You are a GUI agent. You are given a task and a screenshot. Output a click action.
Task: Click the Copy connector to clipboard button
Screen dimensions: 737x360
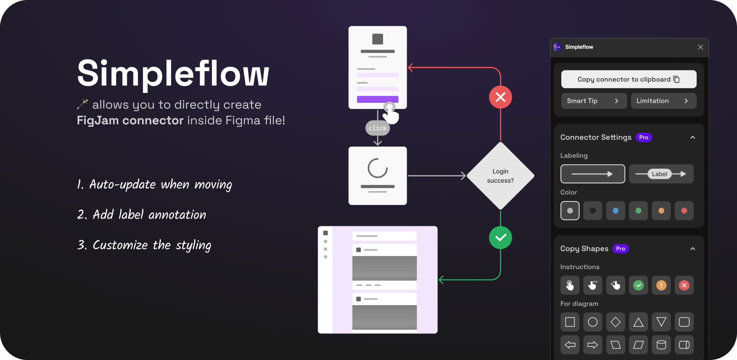pos(629,79)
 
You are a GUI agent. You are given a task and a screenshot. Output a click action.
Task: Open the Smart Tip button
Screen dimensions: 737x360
pos(594,101)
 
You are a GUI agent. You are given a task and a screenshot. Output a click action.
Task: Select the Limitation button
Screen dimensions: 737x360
pos(663,101)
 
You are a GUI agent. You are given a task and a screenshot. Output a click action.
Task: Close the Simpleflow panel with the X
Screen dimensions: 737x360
pos(700,47)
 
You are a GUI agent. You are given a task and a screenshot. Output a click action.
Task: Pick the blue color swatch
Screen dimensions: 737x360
pos(616,210)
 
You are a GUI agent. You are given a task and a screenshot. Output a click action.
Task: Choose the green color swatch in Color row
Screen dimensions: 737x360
pos(638,210)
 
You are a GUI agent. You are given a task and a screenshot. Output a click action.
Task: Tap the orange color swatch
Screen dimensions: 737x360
pos(661,210)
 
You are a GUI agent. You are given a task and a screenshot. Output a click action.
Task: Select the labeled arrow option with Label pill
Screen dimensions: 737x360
pos(661,174)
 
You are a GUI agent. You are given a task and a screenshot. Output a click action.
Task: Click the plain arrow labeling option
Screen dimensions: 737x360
pos(593,174)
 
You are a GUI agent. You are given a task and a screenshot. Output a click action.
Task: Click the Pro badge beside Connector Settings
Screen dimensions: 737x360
pos(644,137)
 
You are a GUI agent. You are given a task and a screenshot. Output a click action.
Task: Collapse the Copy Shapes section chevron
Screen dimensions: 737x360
pos(692,249)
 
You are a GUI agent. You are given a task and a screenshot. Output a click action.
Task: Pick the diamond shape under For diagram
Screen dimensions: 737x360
pos(616,322)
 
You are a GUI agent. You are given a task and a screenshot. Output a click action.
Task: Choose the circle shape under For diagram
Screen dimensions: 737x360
pos(593,322)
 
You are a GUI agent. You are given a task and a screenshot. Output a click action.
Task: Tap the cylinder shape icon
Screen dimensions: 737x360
pos(661,345)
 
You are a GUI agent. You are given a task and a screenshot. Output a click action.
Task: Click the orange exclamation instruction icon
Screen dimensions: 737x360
pos(661,285)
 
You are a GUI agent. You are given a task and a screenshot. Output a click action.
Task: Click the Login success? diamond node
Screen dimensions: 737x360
pos(500,176)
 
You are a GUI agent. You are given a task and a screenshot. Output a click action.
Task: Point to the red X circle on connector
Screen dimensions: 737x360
pos(500,97)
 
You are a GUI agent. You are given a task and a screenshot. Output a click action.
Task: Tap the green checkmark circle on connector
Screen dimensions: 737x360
pos(500,237)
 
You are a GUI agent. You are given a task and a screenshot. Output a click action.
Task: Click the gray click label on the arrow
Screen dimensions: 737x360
pos(377,128)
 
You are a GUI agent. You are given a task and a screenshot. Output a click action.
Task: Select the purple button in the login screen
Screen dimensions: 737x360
pos(377,99)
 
